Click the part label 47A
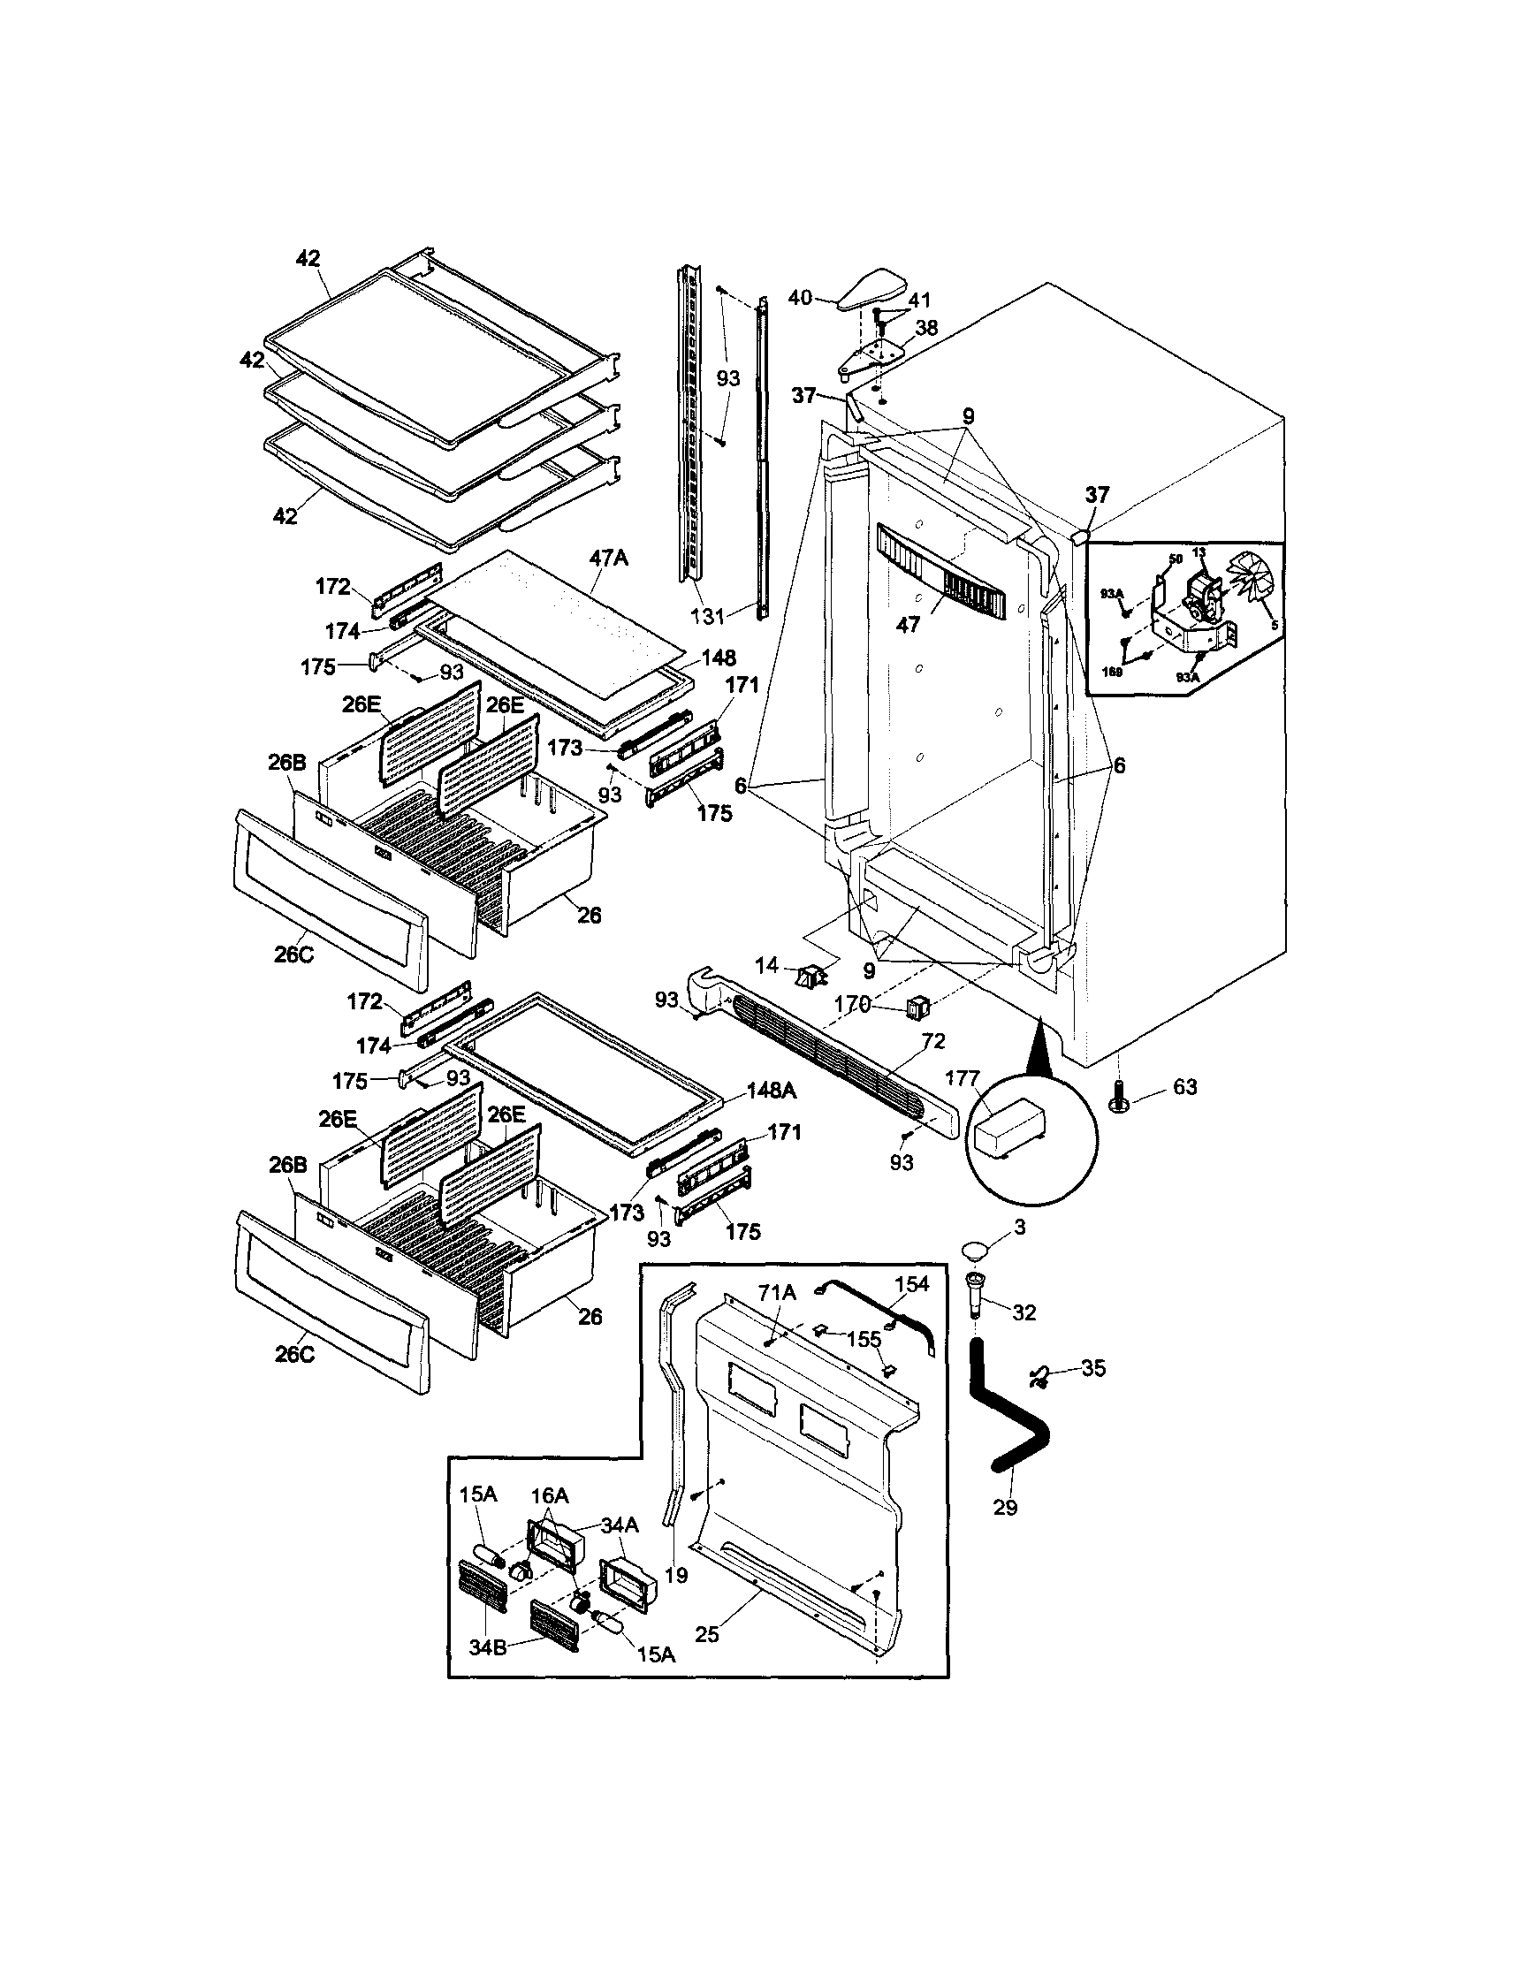tap(608, 558)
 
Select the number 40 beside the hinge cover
tap(800, 296)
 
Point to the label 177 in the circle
tap(962, 1078)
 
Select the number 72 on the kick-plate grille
tap(933, 1041)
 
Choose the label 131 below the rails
tap(707, 616)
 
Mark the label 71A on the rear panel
tap(777, 1293)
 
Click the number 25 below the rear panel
tap(707, 1634)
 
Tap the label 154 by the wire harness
tap(911, 1284)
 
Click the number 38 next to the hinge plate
tap(925, 328)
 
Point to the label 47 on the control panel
tap(909, 623)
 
